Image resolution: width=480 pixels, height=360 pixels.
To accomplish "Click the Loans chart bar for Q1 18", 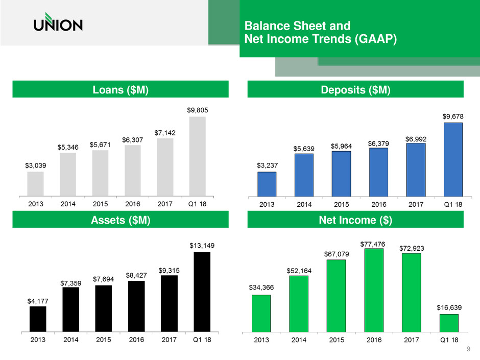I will pyautogui.click(x=197, y=156).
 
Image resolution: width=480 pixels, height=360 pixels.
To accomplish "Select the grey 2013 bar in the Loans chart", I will pyautogui.click(x=35, y=183).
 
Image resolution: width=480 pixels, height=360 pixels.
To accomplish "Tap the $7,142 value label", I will pyautogui.click(x=165, y=132).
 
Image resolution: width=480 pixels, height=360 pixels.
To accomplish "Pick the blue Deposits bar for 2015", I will pyautogui.click(x=341, y=174).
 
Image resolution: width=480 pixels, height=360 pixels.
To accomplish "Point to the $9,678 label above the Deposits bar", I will pyautogui.click(x=453, y=116).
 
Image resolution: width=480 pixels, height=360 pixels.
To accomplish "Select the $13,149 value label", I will pyautogui.click(x=202, y=245).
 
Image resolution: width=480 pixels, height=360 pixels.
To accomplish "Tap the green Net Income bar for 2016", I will pyautogui.click(x=374, y=289).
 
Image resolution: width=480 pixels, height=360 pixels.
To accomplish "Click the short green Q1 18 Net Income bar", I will pyautogui.click(x=449, y=322).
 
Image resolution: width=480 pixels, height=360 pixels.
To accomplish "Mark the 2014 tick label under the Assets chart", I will pyautogui.click(x=71, y=340).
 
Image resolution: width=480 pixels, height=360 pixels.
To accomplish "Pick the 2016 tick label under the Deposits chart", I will pyautogui.click(x=379, y=205).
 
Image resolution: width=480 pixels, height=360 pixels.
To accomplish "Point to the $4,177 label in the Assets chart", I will pyautogui.click(x=38, y=300).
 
